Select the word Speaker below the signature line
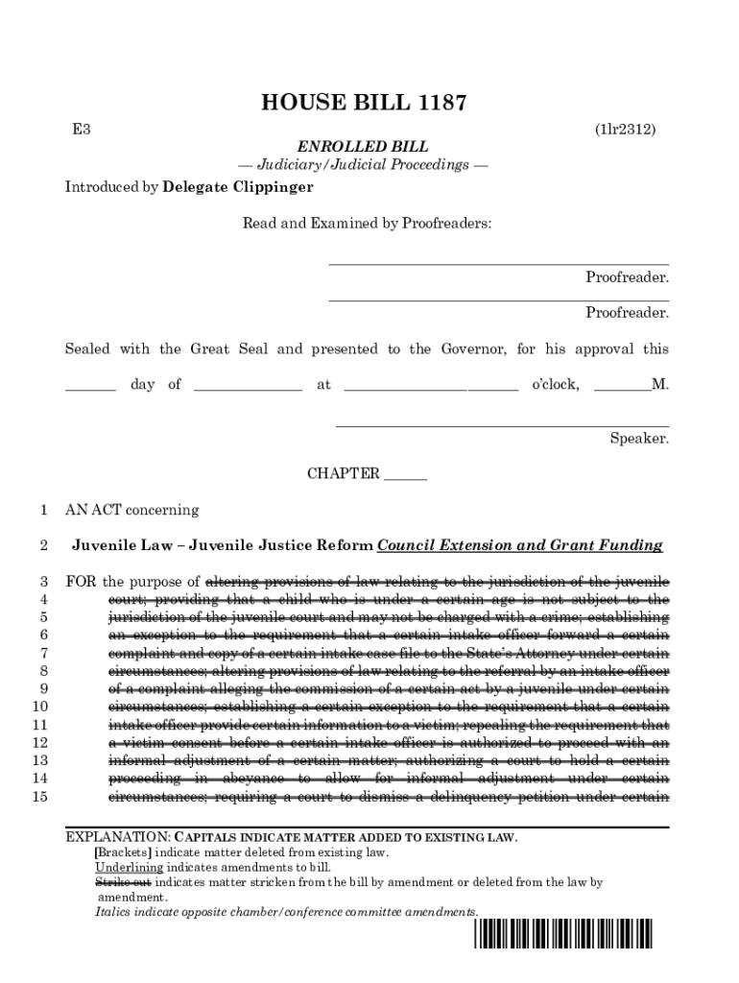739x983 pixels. point(639,439)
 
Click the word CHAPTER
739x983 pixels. point(343,473)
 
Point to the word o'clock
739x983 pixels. point(555,385)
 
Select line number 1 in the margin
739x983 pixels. point(43,510)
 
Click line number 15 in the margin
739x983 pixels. point(39,796)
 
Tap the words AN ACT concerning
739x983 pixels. point(131,510)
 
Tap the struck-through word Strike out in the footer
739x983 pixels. point(123,881)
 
